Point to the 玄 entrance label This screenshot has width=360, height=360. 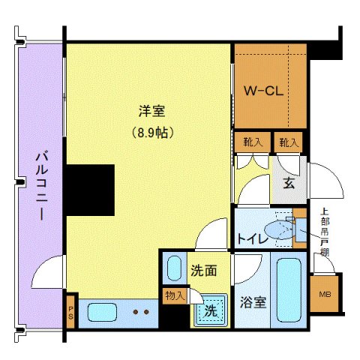(288, 182)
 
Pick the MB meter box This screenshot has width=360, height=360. (325, 295)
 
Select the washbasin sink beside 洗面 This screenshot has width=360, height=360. (174, 268)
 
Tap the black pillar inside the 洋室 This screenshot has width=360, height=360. (89, 187)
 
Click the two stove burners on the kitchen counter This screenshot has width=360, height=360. (140, 310)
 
